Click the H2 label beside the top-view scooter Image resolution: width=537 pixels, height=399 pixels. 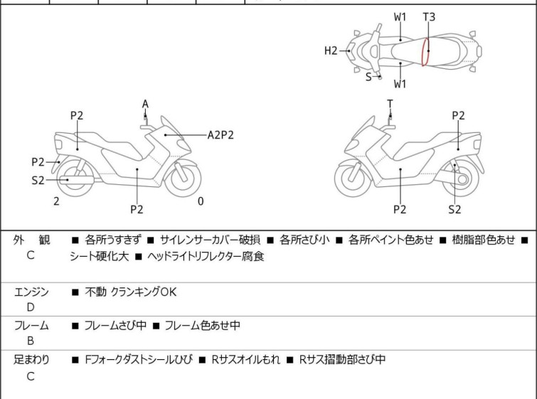point(330,50)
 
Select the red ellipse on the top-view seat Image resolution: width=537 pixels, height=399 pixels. point(425,51)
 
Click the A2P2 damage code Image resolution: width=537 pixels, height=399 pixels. point(220,134)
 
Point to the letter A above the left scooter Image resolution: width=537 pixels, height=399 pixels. point(145,105)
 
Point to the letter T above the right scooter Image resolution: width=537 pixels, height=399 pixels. point(390,105)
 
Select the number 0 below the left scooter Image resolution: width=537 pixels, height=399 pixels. point(201,201)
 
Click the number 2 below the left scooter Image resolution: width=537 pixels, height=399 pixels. point(56,201)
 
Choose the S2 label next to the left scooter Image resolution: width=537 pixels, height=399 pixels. point(38,181)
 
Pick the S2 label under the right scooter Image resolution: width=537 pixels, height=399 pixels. point(454,209)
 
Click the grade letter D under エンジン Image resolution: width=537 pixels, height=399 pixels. point(31,307)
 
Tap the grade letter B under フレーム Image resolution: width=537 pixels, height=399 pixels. point(31,341)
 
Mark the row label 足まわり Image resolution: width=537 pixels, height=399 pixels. point(32,360)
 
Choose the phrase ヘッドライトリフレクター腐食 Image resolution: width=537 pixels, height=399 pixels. point(206,257)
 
